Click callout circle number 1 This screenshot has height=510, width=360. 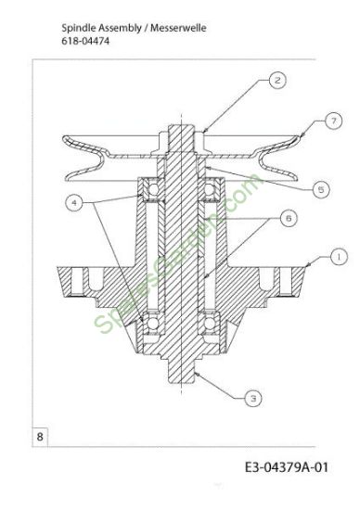[339, 257]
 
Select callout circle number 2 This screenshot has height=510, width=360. [277, 80]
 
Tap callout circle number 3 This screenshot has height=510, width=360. [253, 398]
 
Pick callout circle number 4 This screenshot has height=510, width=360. [74, 203]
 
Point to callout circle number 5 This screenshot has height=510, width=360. [321, 189]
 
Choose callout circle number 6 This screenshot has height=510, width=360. [289, 218]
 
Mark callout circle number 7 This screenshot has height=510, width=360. [334, 121]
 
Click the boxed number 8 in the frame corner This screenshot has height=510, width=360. [40, 437]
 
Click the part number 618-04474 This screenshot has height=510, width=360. [85, 42]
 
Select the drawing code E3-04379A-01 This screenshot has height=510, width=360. [287, 467]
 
